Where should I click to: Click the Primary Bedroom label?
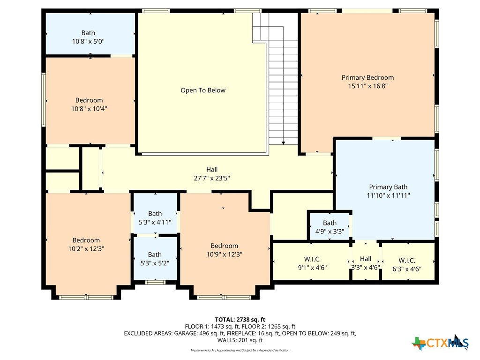367,77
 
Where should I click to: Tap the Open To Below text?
203,90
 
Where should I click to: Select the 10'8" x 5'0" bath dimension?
88,41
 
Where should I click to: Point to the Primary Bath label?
388,187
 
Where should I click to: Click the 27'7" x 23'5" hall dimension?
212,178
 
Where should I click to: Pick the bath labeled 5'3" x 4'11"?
155,218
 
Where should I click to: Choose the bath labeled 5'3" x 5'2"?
155,259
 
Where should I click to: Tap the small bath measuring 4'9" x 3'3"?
330,227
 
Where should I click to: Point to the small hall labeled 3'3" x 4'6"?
366,262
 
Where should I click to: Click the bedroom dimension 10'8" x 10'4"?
89,109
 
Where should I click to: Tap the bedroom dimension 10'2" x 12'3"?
86,249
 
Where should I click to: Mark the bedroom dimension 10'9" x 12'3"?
225,255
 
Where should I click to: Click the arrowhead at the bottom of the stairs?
284,143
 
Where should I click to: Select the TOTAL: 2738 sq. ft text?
240,320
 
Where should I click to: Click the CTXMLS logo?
441,342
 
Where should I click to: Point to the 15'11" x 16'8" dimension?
367,86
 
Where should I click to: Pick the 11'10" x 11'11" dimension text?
388,195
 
